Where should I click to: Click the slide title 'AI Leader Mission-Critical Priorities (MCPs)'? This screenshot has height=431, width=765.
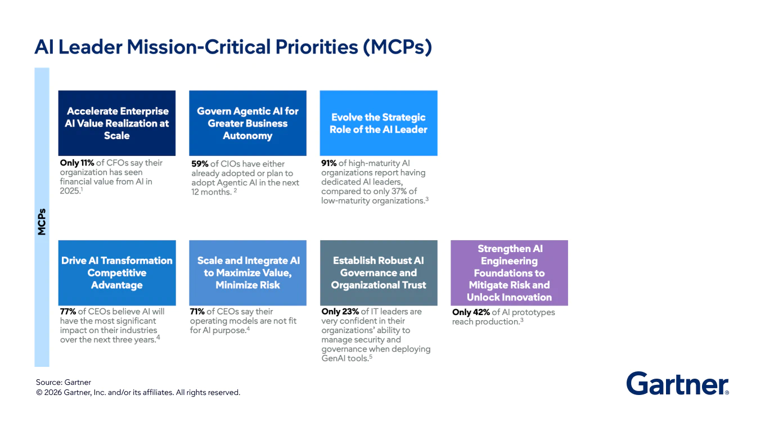(x=233, y=47)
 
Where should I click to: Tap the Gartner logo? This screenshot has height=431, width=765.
(x=677, y=384)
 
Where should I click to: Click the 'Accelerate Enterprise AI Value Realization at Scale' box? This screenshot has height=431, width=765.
(x=117, y=123)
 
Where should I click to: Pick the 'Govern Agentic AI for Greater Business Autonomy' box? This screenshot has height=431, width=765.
(x=247, y=123)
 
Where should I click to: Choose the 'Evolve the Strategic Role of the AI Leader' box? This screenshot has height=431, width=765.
(x=379, y=123)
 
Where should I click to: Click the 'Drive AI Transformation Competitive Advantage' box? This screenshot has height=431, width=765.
(x=117, y=273)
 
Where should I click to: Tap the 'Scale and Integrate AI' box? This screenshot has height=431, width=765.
(x=247, y=273)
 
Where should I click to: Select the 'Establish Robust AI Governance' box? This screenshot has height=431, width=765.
(x=379, y=273)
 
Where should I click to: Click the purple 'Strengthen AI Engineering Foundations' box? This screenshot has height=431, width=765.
(x=509, y=273)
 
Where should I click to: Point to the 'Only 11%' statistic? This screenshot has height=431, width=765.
(x=77, y=163)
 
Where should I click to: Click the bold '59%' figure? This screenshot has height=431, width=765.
(x=200, y=164)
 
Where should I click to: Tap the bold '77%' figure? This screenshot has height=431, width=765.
(x=69, y=311)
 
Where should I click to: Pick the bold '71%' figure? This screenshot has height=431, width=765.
(x=197, y=311)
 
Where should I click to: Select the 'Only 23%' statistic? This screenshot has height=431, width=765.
(x=340, y=311)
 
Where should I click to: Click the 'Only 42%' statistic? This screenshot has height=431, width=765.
(x=471, y=312)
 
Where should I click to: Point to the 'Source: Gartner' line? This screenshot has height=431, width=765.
(x=64, y=383)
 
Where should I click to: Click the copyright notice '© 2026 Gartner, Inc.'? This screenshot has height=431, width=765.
(x=138, y=393)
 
